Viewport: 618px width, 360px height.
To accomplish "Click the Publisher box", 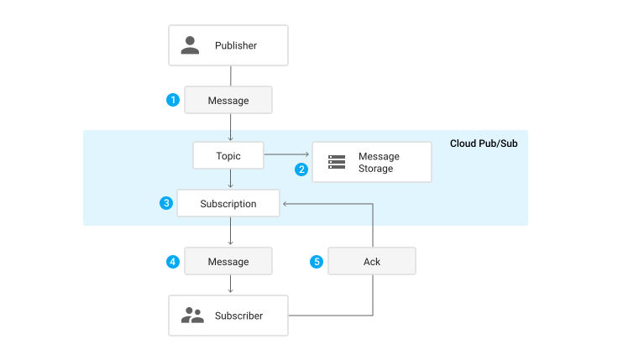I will click(x=228, y=45).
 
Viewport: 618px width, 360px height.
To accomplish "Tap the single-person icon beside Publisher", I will click(x=191, y=45).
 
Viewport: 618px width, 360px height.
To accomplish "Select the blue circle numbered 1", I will click(x=173, y=100).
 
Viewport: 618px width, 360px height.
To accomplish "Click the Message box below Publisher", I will click(x=228, y=100).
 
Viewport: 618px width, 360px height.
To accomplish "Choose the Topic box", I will click(x=228, y=155).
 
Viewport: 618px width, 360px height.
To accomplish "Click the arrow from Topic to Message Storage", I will click(x=287, y=155).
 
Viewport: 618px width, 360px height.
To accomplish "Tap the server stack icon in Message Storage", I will click(x=337, y=162).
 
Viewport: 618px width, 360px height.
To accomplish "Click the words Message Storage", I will click(x=378, y=162).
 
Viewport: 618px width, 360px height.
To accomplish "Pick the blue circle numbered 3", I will click(x=166, y=203).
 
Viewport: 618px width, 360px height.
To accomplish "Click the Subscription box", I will click(x=228, y=204).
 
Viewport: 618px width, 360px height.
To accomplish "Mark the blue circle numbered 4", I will click(x=173, y=261).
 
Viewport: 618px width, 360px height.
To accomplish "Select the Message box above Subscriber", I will click(x=228, y=261).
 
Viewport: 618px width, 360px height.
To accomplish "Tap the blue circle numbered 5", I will click(x=317, y=261).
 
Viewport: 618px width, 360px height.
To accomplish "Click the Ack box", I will click(x=372, y=261).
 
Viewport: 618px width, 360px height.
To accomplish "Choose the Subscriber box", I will click(x=228, y=316).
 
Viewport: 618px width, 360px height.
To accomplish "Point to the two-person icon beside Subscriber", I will click(x=192, y=316).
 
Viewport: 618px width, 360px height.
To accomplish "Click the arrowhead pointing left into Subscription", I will click(x=285, y=204).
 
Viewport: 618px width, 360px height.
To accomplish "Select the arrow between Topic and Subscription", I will click(x=230, y=179).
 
